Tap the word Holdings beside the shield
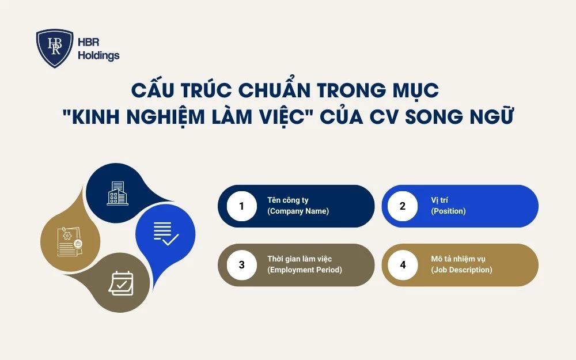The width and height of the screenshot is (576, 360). click(98, 56)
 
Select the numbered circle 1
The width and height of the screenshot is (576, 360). click(241, 206)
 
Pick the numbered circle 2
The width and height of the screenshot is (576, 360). click(403, 206)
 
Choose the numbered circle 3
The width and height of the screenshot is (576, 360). click(241, 265)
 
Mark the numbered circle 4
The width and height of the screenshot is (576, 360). click(403, 265)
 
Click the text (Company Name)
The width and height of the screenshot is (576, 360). click(298, 211)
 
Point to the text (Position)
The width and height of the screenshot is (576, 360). click(448, 211)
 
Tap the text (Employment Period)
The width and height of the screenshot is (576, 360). click(305, 270)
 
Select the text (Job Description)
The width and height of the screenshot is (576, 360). click(461, 270)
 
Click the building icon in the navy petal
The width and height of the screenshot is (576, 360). click(118, 193)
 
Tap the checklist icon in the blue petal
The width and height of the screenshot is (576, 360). click(165, 233)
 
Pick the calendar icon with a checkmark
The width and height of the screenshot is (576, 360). click(121, 283)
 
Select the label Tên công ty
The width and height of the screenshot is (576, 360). click(288, 200)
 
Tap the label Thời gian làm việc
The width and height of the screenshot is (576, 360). click(300, 259)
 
